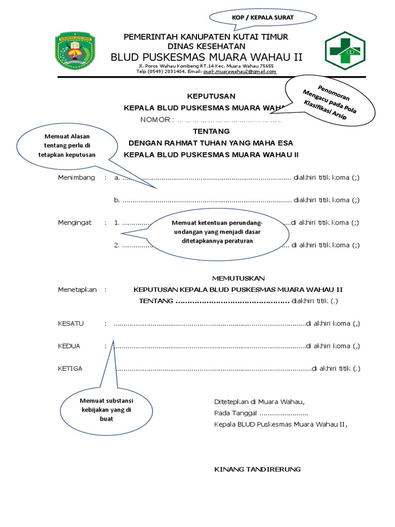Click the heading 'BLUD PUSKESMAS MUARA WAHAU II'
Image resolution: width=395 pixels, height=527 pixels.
coord(207,57)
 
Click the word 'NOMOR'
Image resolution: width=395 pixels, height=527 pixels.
coord(156,120)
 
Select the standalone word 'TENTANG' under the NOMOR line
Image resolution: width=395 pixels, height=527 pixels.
coord(211,131)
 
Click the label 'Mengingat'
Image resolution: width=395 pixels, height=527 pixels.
coord(75,223)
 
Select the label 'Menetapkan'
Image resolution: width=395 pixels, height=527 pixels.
coord(77,290)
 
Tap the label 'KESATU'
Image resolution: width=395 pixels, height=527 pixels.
coord(71,324)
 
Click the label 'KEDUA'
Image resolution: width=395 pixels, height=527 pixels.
coord(69,346)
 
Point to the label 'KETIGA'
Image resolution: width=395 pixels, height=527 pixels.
coord(70,368)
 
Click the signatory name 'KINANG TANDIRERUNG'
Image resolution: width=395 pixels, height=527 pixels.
coord(257,469)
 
